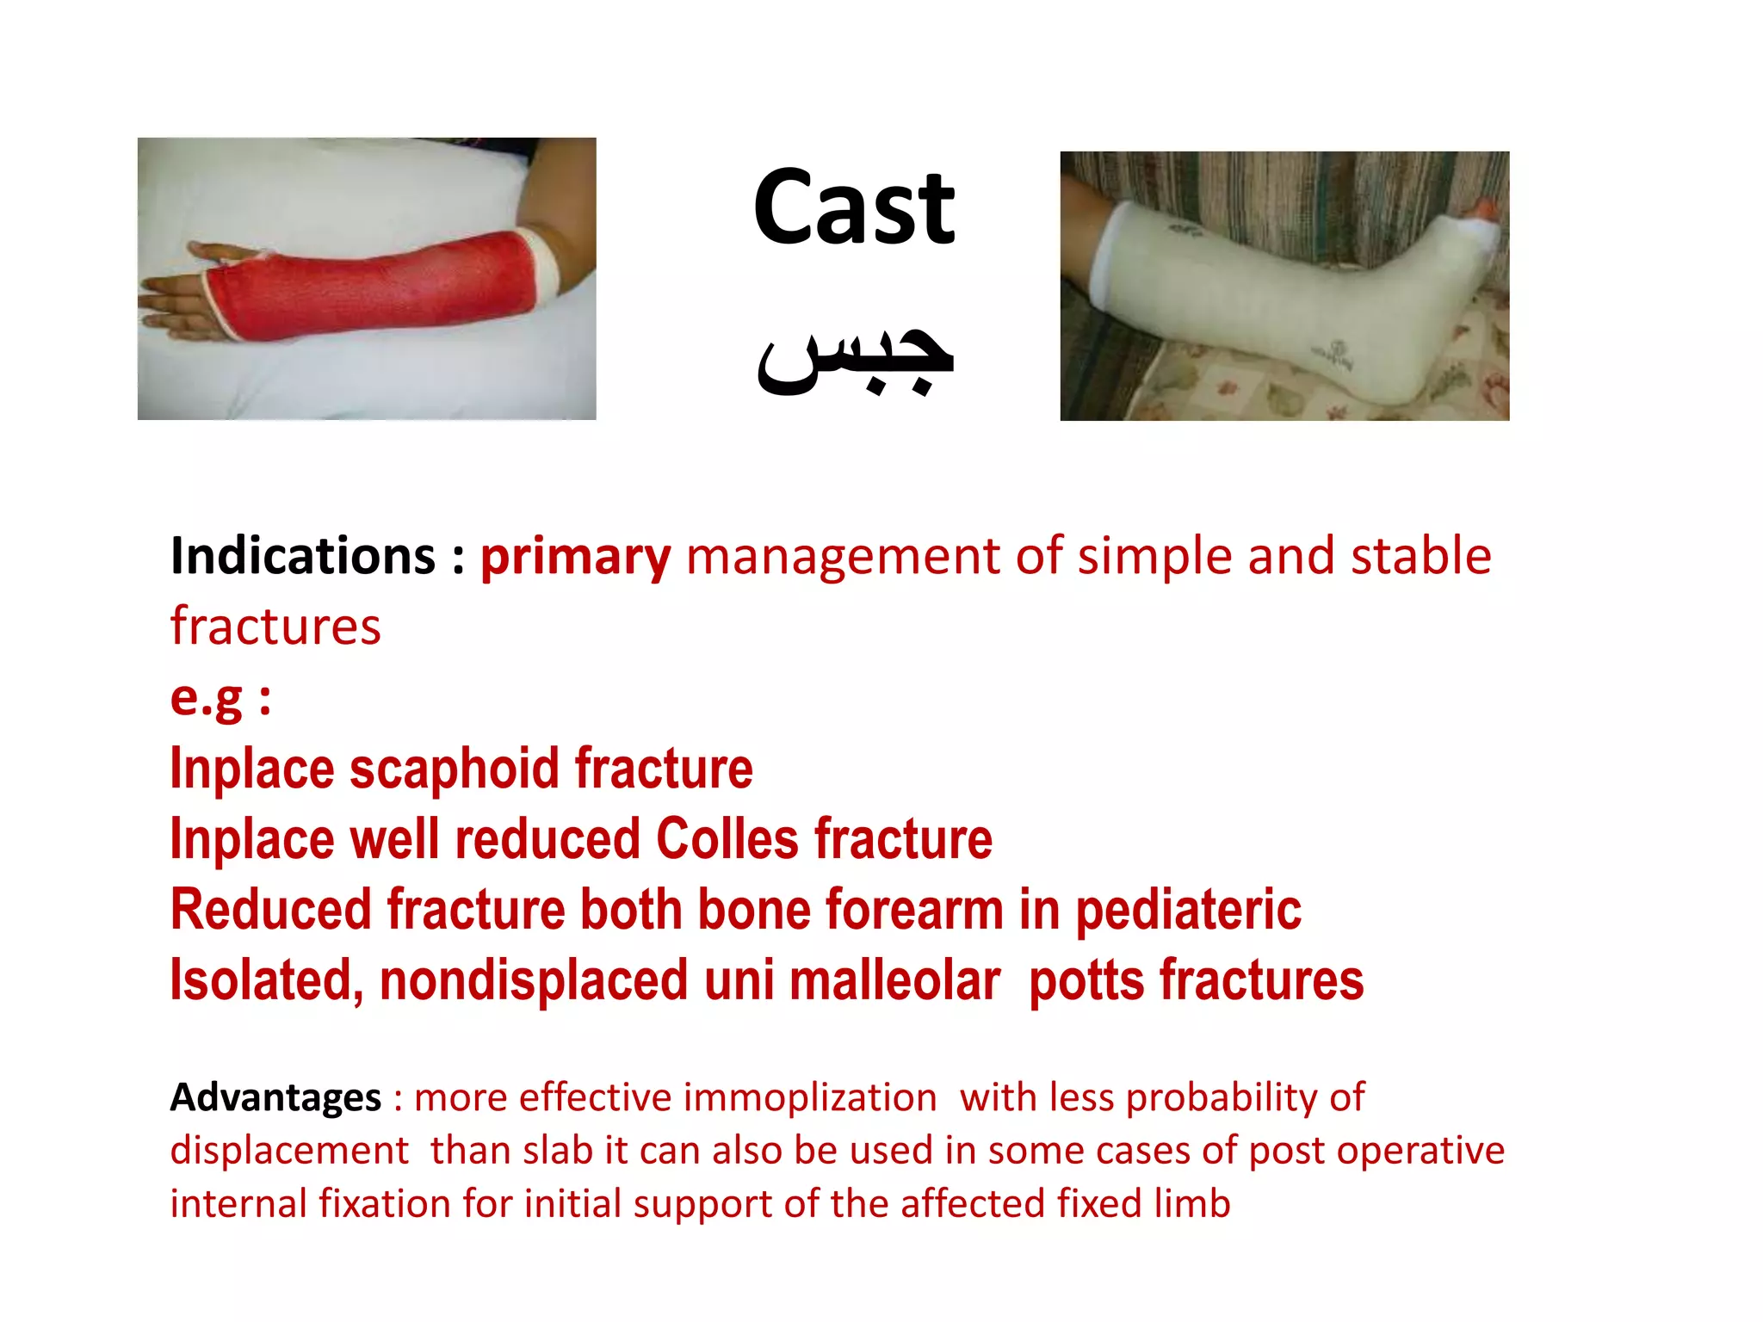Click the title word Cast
click(x=853, y=208)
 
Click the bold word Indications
click(x=303, y=556)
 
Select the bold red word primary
click(x=575, y=558)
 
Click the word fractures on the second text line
click(x=275, y=626)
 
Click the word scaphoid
click(x=455, y=768)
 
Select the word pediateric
click(x=1188, y=911)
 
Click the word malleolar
click(x=895, y=981)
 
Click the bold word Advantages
click(x=275, y=1097)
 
